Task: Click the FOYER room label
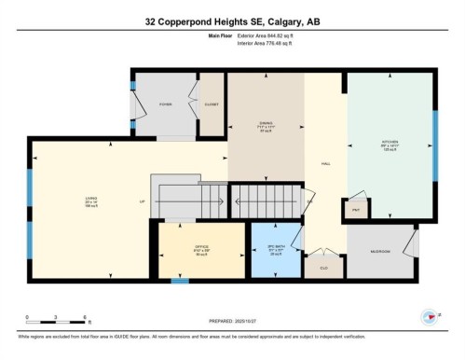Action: pos(165,104)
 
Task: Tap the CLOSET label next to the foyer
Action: pos(212,104)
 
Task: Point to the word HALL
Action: pos(326,163)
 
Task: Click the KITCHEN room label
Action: pos(390,145)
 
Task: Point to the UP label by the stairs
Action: pos(143,202)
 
